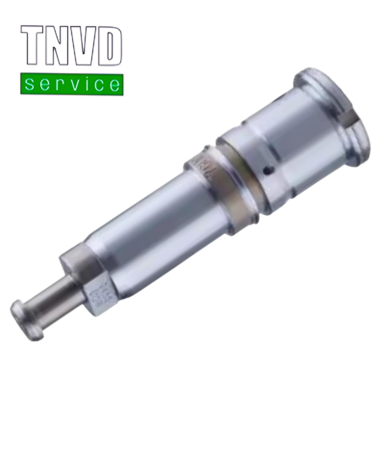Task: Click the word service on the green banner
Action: tap(72, 84)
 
